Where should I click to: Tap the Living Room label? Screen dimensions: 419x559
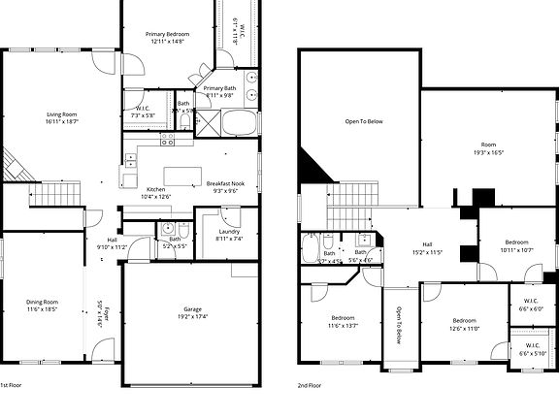point(61,117)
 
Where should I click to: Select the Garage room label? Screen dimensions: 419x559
point(193,312)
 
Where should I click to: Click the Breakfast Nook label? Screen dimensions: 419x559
point(225,186)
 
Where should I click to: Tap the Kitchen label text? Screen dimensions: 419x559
point(155,192)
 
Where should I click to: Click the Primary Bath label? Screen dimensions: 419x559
point(218,91)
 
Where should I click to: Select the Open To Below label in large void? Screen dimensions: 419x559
point(364,121)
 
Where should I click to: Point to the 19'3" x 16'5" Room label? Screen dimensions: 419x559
point(488,149)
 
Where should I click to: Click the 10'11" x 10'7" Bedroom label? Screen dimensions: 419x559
point(516,245)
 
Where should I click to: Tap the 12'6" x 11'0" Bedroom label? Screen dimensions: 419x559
point(464,324)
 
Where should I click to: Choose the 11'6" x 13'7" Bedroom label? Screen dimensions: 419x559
point(343,322)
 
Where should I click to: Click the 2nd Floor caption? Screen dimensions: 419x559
point(310,384)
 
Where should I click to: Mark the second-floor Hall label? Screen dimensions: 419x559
point(426,247)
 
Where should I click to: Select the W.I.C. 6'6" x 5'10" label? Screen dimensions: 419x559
point(532,348)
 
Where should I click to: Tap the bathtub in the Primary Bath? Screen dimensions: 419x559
point(240,123)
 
